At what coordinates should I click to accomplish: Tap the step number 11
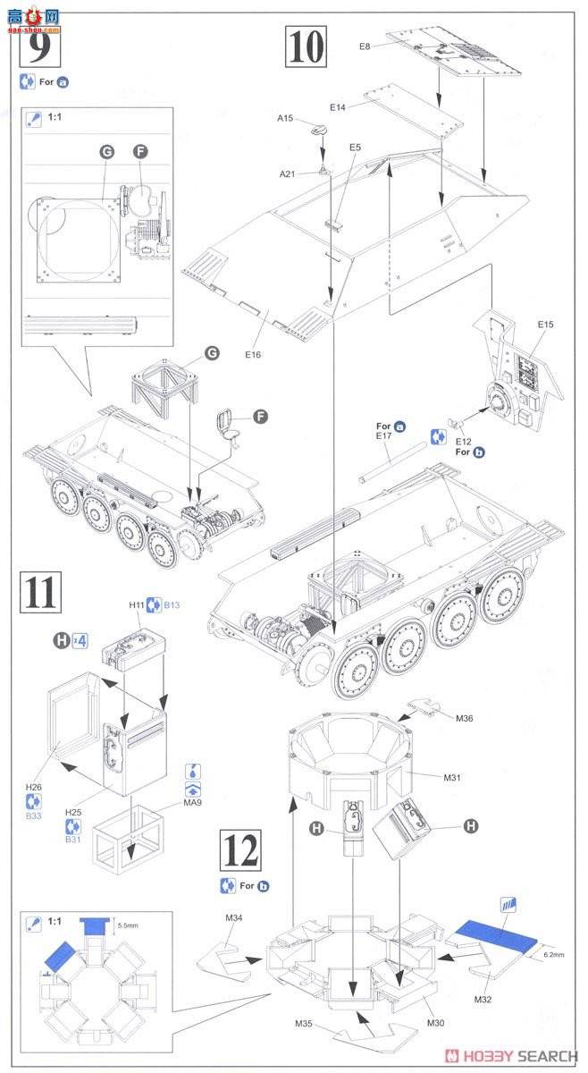click(41, 593)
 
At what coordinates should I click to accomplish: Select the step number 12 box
click(240, 851)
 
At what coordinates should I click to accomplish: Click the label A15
click(285, 116)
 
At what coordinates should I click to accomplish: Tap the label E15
click(546, 324)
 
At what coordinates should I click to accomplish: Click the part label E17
click(386, 437)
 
